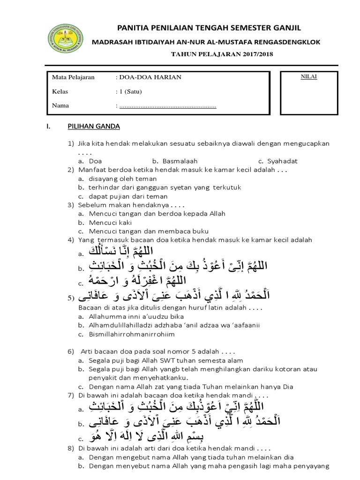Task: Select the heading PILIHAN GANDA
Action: (94, 127)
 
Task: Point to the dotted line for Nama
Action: (168, 106)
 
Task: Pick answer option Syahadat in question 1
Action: (281, 161)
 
